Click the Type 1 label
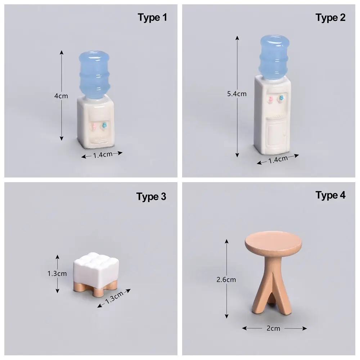point(152,17)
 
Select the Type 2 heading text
point(330,17)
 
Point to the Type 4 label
point(330,195)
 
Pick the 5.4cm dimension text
point(237,94)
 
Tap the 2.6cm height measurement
point(226,279)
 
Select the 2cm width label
point(274,328)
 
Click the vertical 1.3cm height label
point(57,273)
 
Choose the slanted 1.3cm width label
point(114,298)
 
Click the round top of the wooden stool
point(273,243)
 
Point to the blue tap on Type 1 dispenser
point(104,125)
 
